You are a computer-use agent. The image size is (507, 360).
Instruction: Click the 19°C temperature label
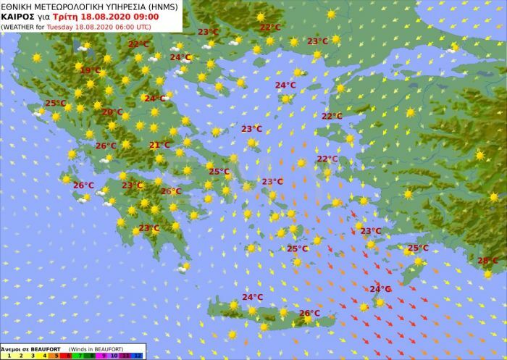pyautogui.click(x=91, y=70)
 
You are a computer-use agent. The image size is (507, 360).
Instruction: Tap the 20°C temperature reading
pyautogui.click(x=112, y=112)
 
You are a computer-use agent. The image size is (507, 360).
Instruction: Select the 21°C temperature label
pyautogui.click(x=159, y=145)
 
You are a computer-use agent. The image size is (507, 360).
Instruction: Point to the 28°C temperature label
pyautogui.click(x=487, y=261)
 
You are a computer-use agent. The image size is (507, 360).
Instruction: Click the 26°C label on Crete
pyautogui.click(x=309, y=313)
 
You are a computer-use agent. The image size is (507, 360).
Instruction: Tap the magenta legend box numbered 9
pyautogui.click(x=102, y=356)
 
